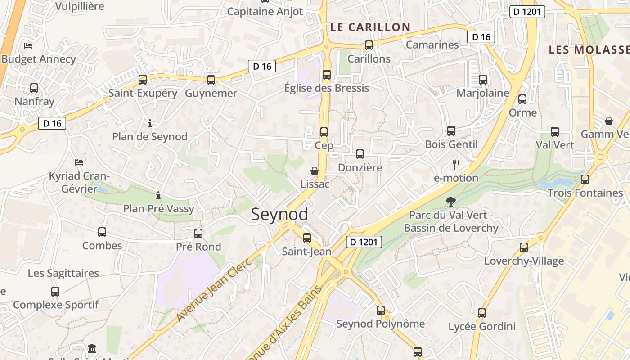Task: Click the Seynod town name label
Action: tap(279, 214)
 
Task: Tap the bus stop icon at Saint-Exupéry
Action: tap(143, 80)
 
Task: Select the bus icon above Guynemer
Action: tap(211, 80)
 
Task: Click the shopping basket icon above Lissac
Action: tap(315, 171)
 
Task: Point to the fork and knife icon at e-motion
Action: tap(456, 165)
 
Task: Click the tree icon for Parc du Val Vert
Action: tap(450, 202)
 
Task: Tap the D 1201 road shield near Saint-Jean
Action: tap(364, 242)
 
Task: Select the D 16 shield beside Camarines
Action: tap(481, 37)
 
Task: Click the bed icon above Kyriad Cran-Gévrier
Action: tap(79, 162)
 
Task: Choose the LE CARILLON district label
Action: tap(370, 27)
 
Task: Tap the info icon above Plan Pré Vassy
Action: tap(158, 195)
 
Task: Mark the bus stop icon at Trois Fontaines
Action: tap(585, 180)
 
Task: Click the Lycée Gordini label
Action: tap(482, 326)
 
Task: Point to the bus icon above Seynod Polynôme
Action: tap(381, 310)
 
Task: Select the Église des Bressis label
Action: tap(327, 88)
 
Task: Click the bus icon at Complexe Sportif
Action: tap(55, 291)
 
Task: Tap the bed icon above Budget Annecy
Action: tap(28, 45)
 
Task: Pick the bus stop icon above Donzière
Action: tap(360, 154)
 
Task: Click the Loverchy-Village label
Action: tap(524, 261)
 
